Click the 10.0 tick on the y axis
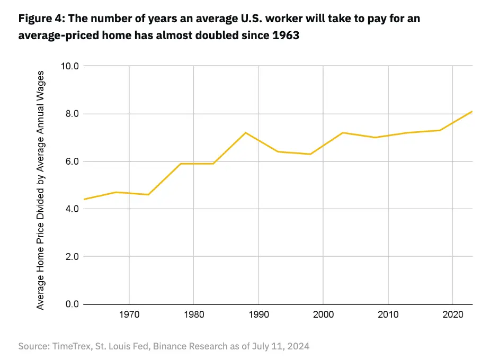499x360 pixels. [69, 66]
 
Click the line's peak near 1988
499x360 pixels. [246, 132]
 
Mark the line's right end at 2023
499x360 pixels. [472, 111]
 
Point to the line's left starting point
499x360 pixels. [84, 200]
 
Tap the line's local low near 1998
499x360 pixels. [310, 154]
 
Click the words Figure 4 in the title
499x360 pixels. [40, 20]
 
